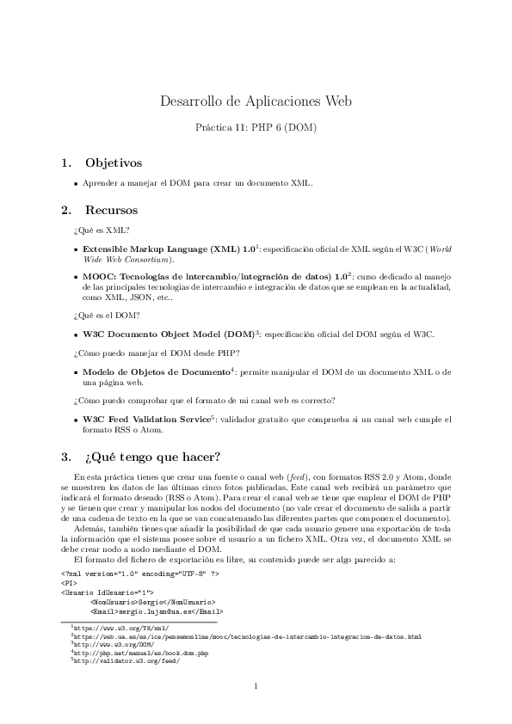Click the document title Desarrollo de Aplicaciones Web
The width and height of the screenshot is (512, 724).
256,102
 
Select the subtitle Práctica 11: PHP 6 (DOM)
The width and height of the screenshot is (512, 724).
256,128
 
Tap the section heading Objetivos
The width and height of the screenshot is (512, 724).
113,163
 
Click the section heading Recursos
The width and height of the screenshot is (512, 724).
111,209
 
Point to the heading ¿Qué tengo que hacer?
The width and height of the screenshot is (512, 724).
153,456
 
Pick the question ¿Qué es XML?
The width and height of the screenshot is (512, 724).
102,230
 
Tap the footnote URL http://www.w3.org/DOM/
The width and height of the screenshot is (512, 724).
113,646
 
